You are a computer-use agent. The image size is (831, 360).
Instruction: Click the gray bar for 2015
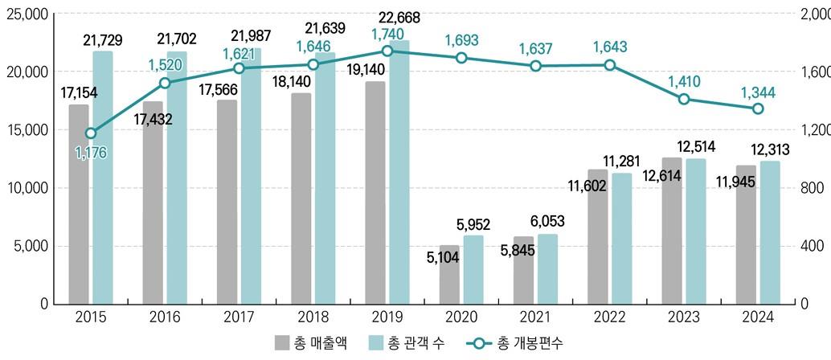click(79, 204)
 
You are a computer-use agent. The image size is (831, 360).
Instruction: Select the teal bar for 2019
click(400, 172)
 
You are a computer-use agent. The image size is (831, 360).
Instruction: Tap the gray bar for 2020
click(450, 274)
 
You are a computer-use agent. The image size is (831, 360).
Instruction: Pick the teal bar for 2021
click(548, 268)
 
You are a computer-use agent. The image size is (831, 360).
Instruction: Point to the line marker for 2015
click(91, 133)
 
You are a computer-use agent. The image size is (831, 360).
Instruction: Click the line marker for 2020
click(461, 58)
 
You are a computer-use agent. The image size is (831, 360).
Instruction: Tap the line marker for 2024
click(758, 108)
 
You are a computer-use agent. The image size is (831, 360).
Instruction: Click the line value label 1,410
click(683, 81)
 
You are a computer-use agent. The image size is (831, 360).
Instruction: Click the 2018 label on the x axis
click(313, 318)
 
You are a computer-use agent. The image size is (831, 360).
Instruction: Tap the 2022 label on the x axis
click(609, 318)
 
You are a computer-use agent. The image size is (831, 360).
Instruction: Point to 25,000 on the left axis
click(27, 14)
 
